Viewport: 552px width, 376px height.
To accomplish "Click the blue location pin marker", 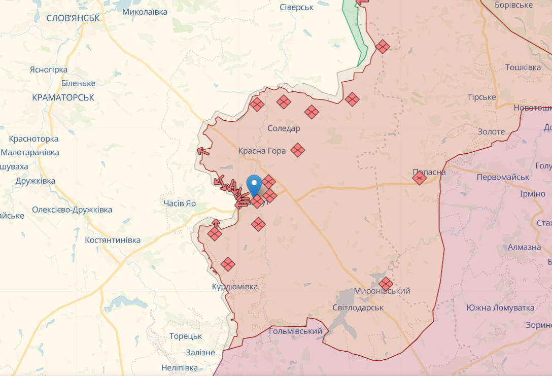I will point(254,184).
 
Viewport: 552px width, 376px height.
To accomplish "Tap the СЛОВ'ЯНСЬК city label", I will point(73,18).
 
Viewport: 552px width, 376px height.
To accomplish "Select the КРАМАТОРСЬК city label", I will point(63,97).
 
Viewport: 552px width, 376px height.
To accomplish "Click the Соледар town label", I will point(284,128).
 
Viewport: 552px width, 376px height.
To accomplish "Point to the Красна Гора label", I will point(262,151).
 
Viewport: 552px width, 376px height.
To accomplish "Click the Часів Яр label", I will point(180,203).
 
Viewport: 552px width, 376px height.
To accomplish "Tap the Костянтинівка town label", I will point(113,240).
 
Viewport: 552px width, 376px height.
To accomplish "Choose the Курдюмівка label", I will point(234,287).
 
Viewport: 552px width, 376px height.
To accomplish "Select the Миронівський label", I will point(382,291).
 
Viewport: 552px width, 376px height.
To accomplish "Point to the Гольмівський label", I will point(296,331).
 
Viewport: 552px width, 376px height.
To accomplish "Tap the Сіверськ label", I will point(296,7).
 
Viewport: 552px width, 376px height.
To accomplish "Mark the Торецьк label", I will point(186,336).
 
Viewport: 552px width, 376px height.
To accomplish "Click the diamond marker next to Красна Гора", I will point(298,150).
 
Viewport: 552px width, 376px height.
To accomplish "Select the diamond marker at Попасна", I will point(420,178).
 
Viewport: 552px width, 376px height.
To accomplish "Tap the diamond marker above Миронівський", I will point(386,284).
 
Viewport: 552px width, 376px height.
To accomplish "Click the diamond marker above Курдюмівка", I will point(228,264).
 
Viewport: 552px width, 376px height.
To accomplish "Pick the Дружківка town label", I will point(35,181).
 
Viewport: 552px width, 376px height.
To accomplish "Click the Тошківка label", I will point(523,67).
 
